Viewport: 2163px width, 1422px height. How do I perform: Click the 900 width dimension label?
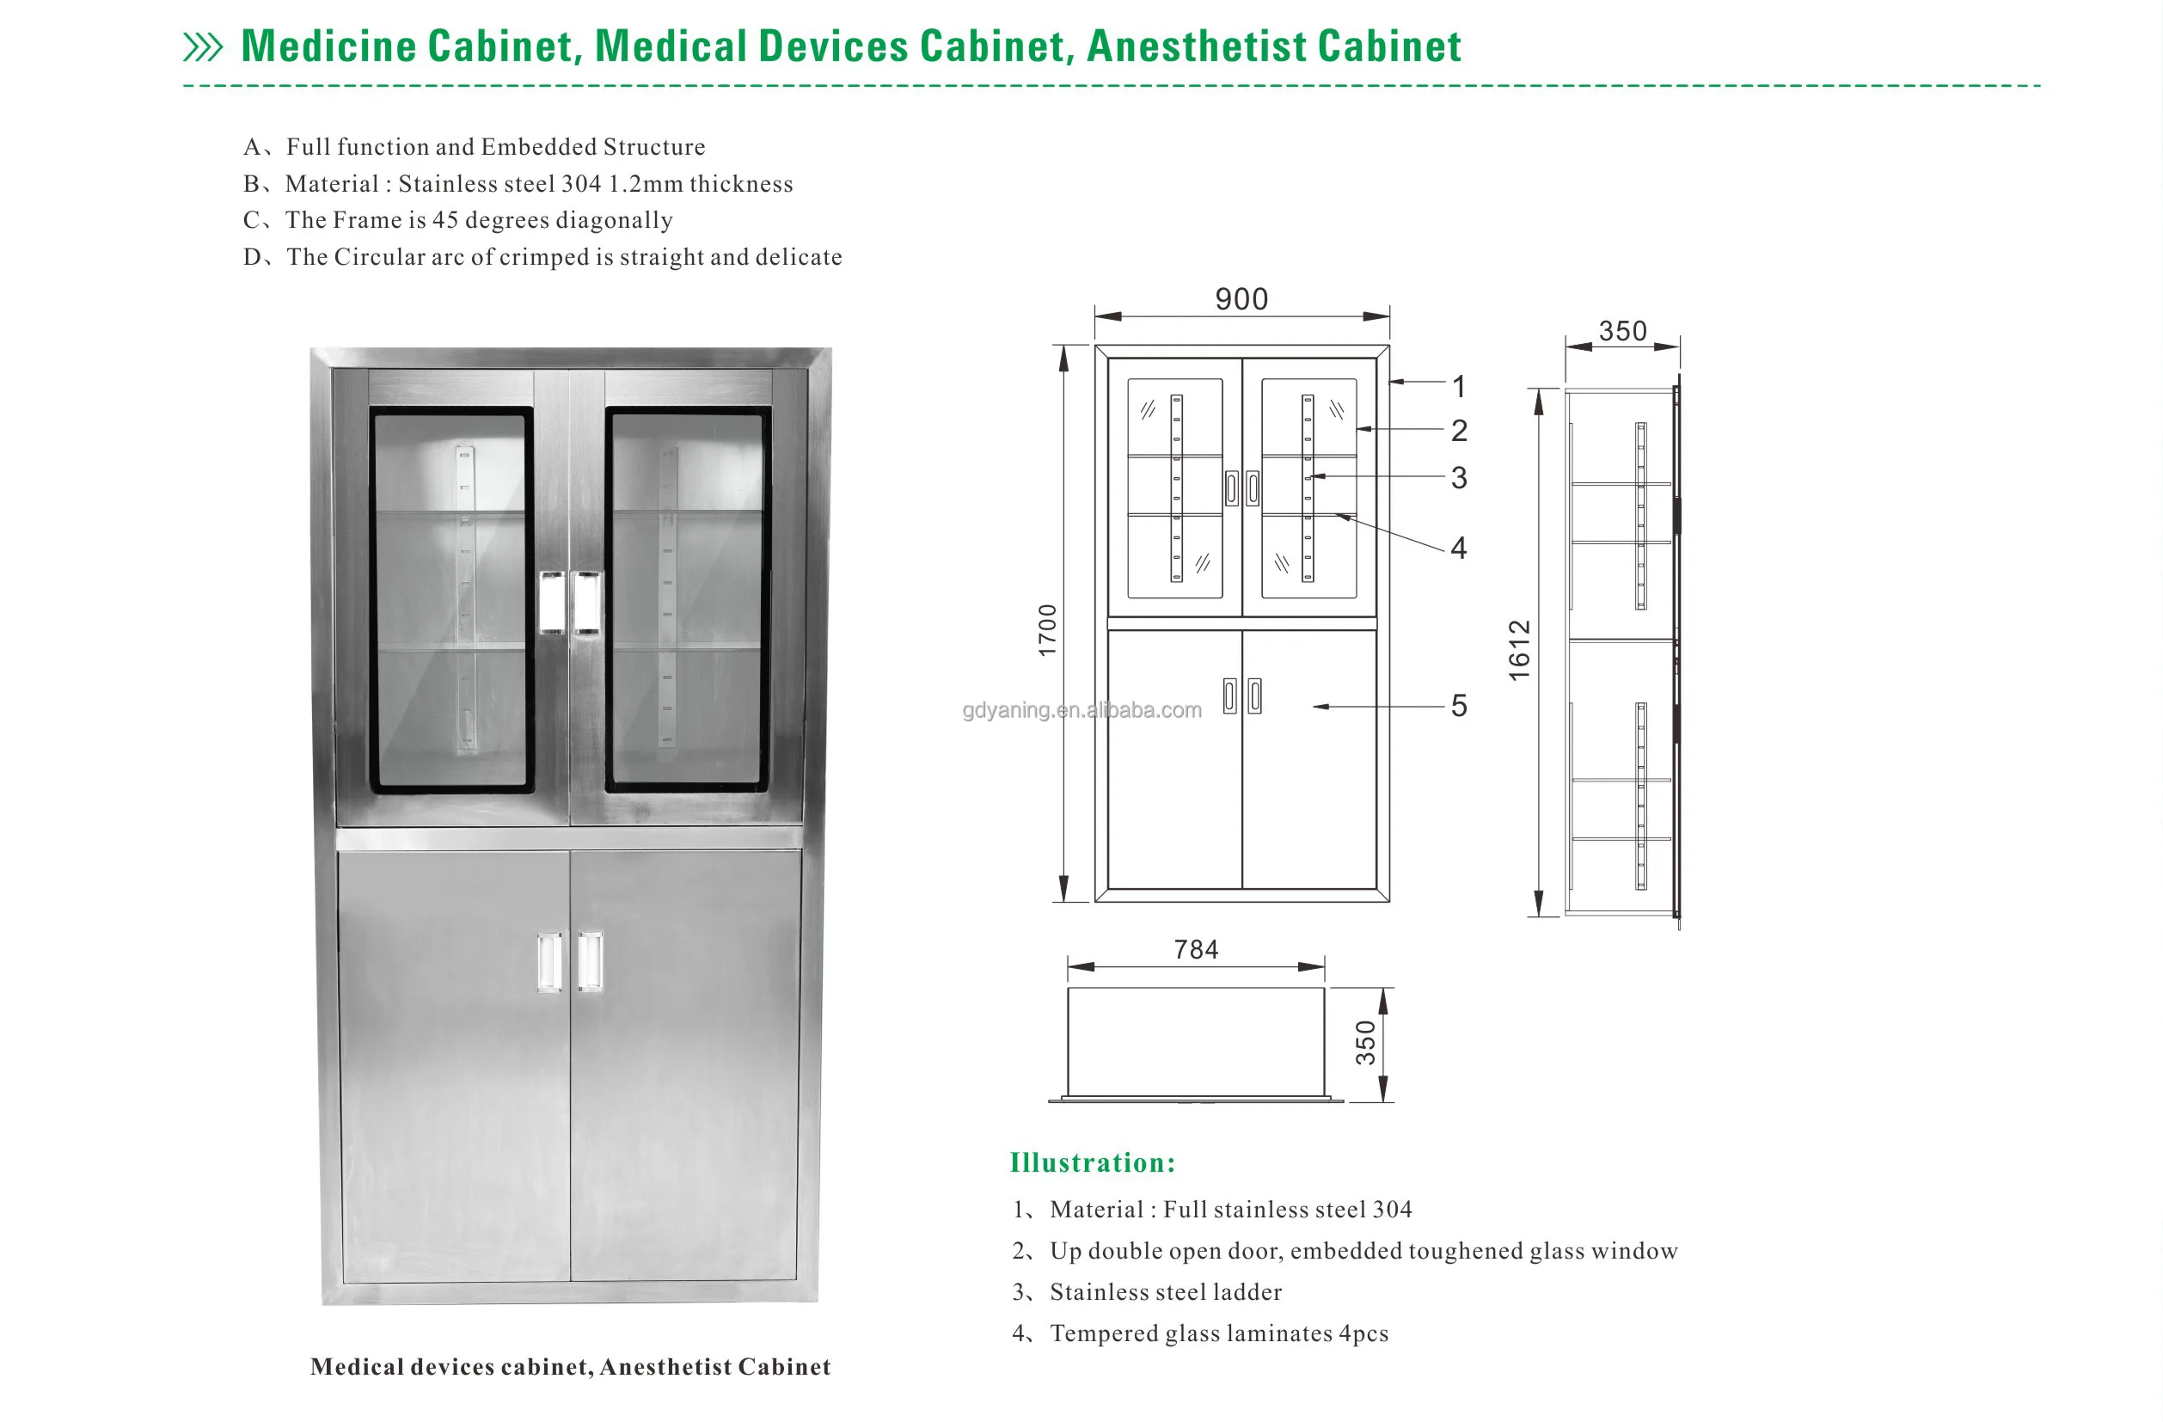(x=1241, y=299)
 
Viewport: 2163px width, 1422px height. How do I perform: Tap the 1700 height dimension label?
(x=1048, y=629)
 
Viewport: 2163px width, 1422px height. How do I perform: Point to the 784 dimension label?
(x=1195, y=949)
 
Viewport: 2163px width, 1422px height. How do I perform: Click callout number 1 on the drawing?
(x=1459, y=387)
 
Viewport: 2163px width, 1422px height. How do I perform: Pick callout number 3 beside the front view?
(x=1459, y=478)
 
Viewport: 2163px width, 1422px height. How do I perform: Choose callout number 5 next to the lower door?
(x=1459, y=706)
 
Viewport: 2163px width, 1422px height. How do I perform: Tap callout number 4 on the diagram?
(x=1459, y=548)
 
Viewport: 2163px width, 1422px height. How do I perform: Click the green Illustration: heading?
(x=1093, y=1163)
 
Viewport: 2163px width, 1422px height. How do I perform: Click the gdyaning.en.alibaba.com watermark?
(x=1081, y=710)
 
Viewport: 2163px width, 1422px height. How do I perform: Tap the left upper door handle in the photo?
(x=552, y=602)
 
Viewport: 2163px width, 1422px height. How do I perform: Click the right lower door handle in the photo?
(x=590, y=960)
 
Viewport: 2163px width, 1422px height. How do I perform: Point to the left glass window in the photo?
(x=450, y=600)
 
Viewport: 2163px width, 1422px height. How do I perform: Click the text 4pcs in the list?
(x=1363, y=1333)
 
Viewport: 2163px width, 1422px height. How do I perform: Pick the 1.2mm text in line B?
(x=646, y=185)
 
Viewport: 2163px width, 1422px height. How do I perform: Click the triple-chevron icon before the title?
(x=203, y=47)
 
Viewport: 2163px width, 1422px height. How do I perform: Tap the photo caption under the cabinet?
(x=570, y=1368)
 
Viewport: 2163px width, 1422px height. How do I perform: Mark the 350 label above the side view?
(x=1622, y=331)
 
